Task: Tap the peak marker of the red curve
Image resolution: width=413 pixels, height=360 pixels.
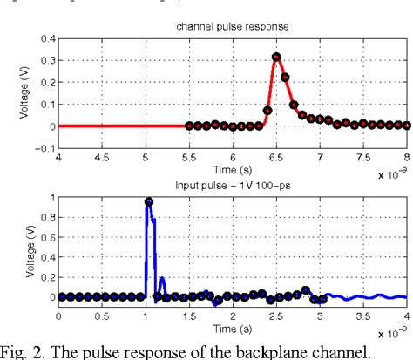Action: pyautogui.click(x=276, y=58)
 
